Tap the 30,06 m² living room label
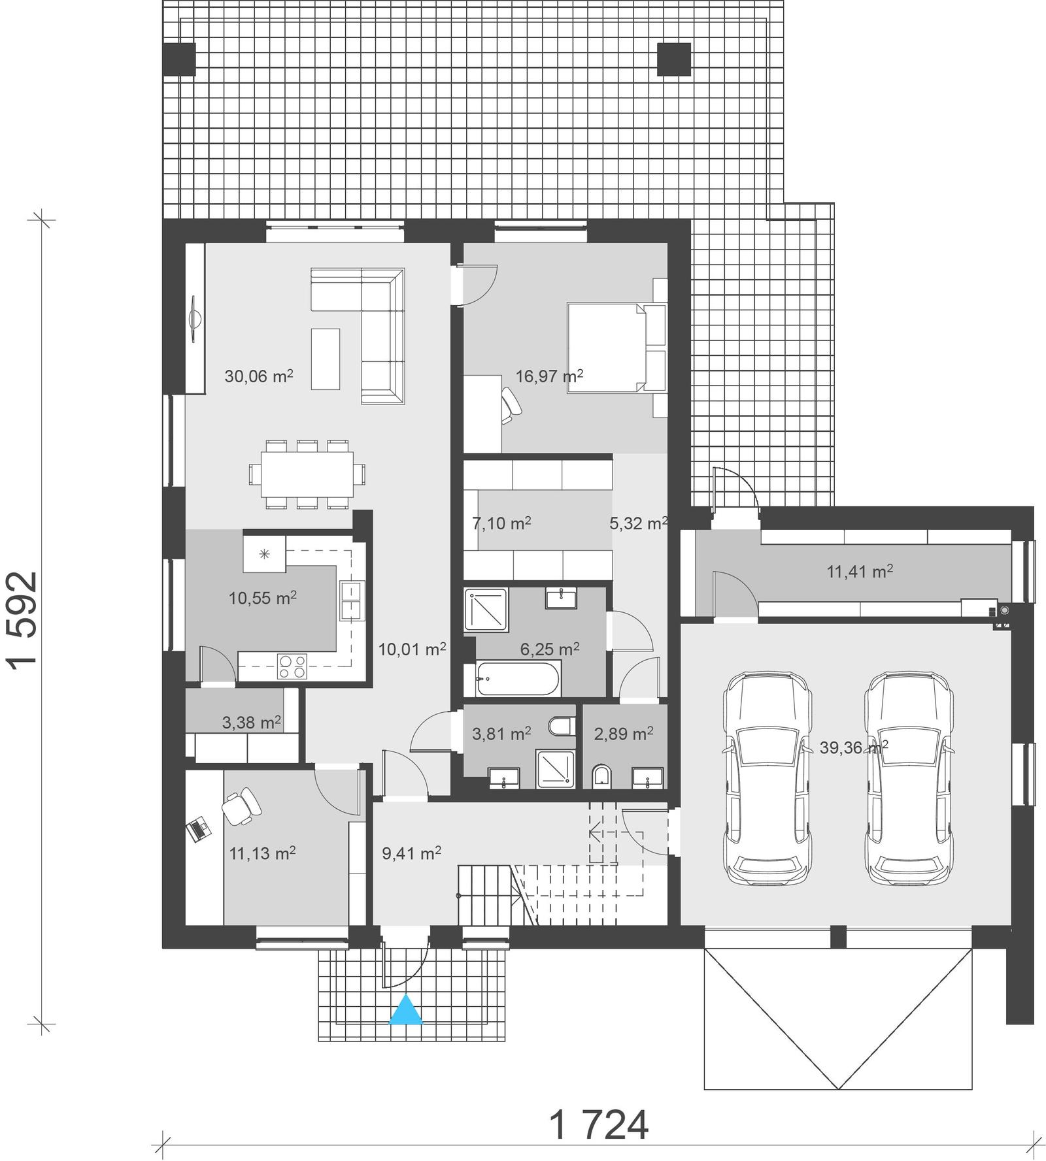pos(258,376)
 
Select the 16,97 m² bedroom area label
pos(548,376)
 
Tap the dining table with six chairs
pos(307,474)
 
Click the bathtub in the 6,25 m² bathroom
pos(516,679)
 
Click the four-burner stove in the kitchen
pos(292,666)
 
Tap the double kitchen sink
pos(351,600)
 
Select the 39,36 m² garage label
pos(853,747)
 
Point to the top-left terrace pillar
pos(178,59)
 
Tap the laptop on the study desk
pos(199,830)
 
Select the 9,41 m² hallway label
pos(411,853)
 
